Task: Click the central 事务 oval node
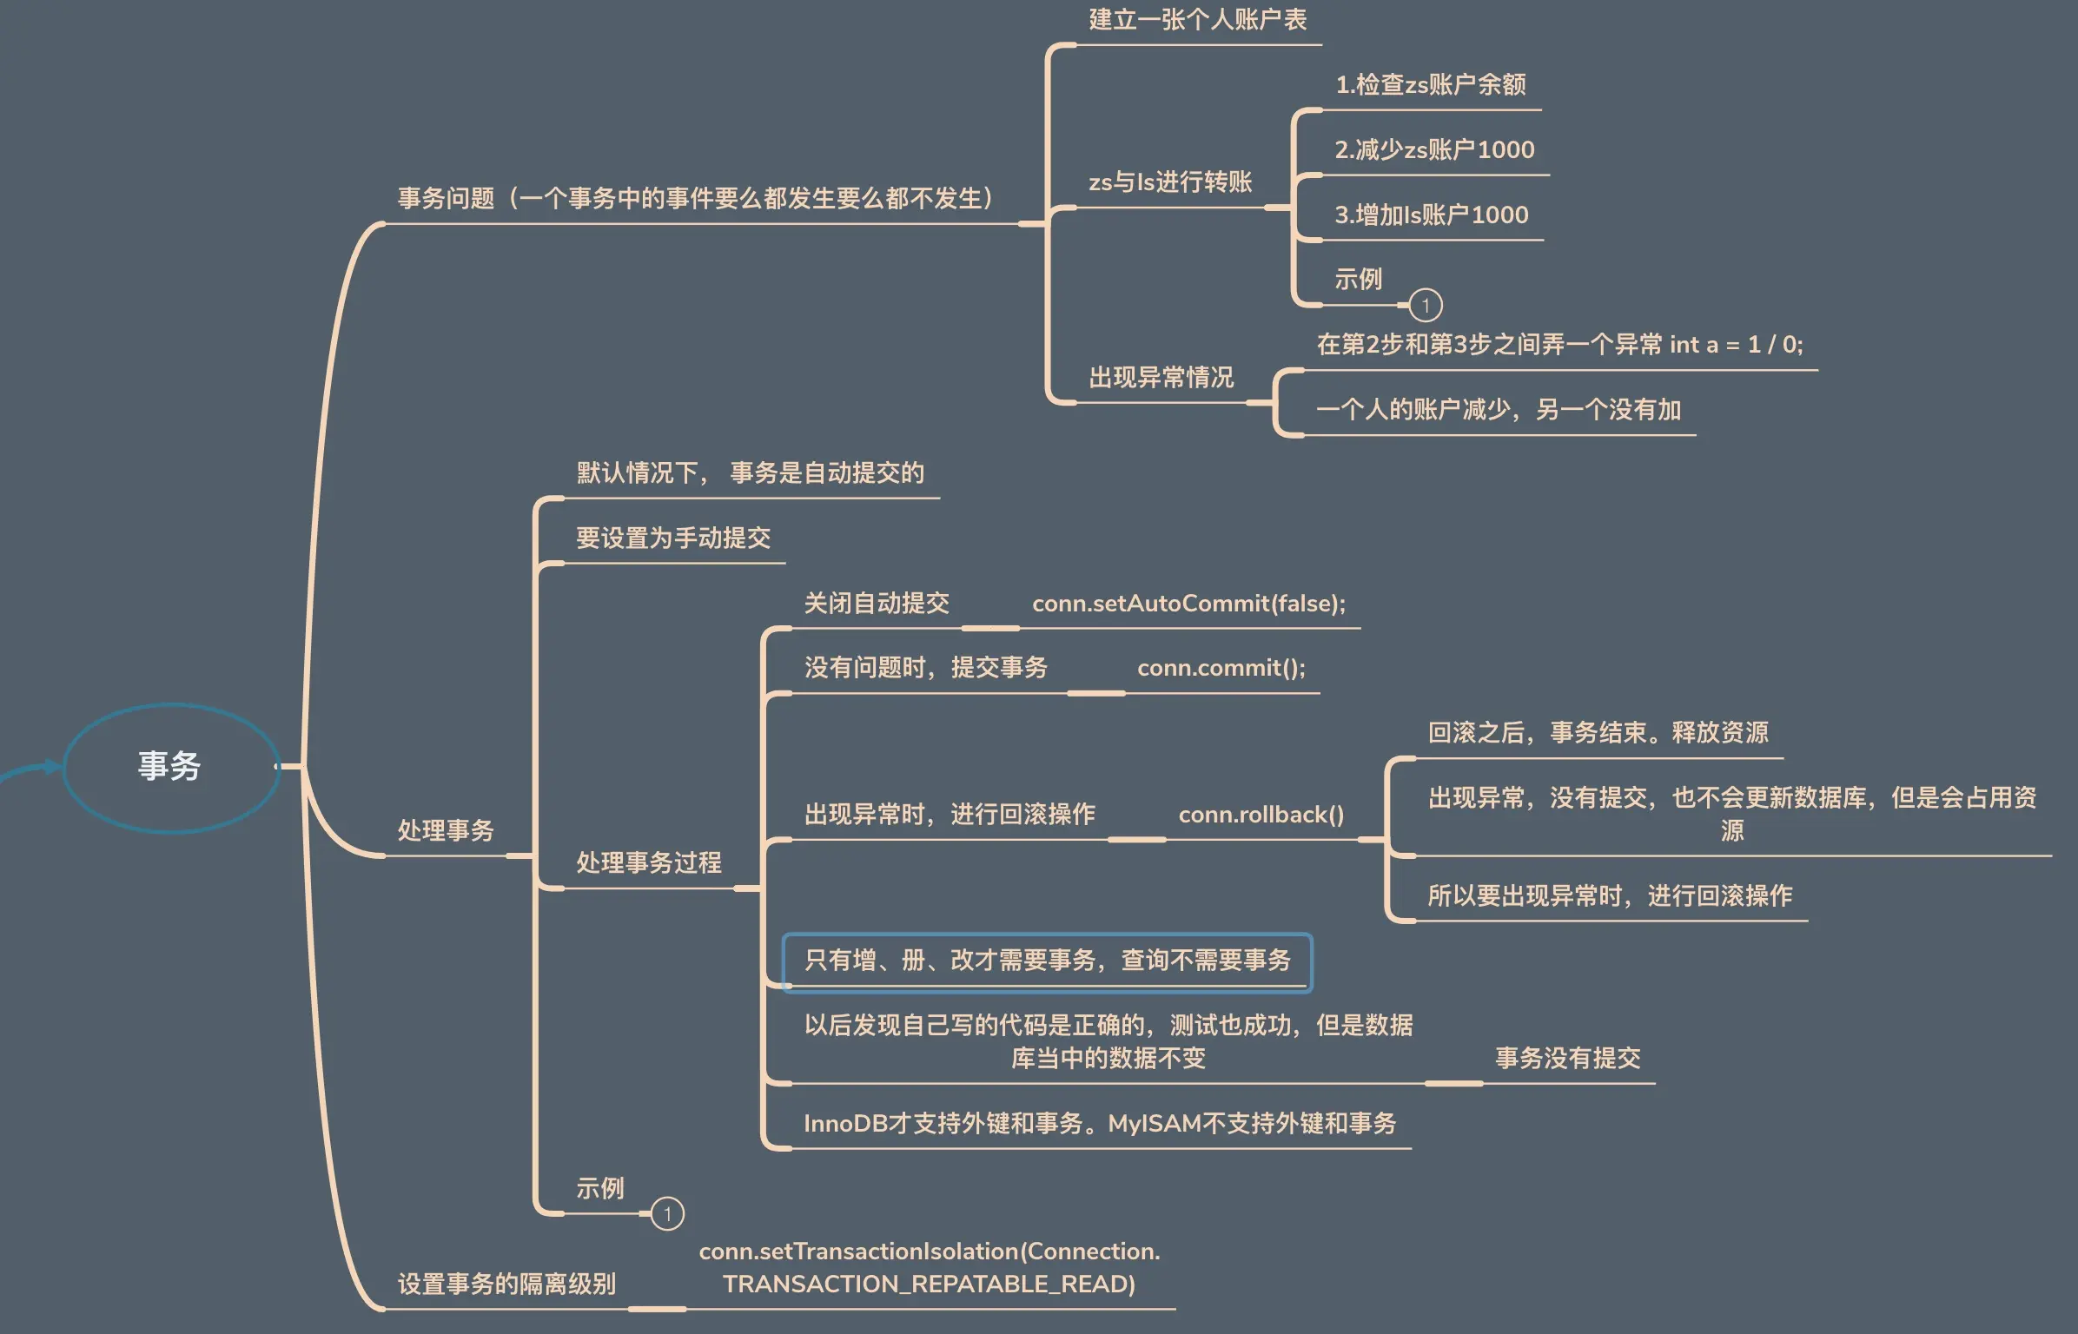click(170, 767)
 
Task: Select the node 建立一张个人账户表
click(1197, 20)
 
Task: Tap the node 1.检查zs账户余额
click(1430, 85)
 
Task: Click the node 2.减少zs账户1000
click(1434, 150)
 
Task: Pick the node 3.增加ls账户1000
click(1431, 215)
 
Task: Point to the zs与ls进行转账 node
click(1169, 182)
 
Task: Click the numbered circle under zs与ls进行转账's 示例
click(1425, 305)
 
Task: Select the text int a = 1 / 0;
click(1736, 345)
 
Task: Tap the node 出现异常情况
click(1161, 378)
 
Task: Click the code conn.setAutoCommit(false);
click(1188, 604)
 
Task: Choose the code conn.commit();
click(1221, 668)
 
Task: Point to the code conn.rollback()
click(1261, 815)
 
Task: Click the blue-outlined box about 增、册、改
click(1047, 961)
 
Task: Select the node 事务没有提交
click(1567, 1059)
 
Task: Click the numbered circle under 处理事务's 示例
click(667, 1213)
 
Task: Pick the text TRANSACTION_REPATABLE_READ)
click(929, 1284)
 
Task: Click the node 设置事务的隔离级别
click(506, 1284)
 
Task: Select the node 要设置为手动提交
click(673, 538)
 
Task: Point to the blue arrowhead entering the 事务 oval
click(54, 766)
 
